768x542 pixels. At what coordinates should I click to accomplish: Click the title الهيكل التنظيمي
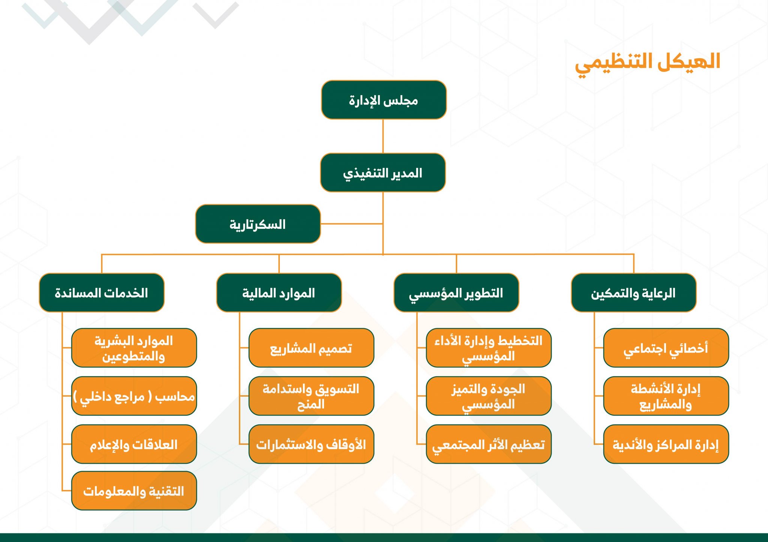coord(648,64)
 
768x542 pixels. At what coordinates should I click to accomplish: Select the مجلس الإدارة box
coord(384,100)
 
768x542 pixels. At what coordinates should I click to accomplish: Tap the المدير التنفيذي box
coord(383,172)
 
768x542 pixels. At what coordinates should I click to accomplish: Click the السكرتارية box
coord(258,224)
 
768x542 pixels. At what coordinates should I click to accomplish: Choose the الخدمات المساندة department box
coord(102,293)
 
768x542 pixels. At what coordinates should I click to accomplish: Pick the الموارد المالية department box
coord(279,293)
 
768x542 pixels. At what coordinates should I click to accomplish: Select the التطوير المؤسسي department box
coord(456,293)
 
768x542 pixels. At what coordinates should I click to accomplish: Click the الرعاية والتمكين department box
coord(634,293)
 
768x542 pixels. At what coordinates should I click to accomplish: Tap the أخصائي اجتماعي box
coord(666,348)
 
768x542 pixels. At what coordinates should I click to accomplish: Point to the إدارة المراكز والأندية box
coord(666,444)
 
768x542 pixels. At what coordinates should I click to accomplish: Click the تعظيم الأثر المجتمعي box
coord(489,444)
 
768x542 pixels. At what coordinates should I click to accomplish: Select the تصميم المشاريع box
coord(311,348)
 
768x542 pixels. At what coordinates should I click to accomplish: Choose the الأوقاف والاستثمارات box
coord(311,444)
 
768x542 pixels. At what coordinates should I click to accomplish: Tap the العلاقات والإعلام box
coord(134,444)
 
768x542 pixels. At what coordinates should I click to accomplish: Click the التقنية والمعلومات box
coord(134,490)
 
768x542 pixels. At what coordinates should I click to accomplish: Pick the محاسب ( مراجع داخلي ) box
coord(134,396)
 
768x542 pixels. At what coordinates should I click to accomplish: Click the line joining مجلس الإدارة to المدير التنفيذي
coord(383,136)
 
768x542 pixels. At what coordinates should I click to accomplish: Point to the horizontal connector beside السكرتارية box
coord(352,224)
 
